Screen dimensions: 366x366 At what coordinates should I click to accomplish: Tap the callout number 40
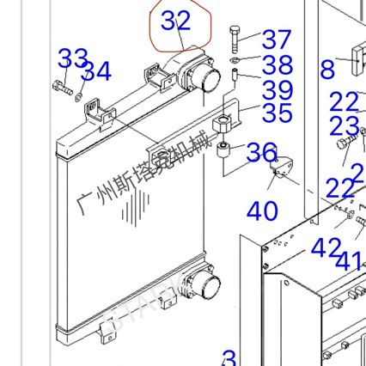[262, 210]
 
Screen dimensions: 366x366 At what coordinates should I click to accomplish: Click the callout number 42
[325, 249]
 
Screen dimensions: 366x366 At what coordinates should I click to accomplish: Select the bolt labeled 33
[61, 84]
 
